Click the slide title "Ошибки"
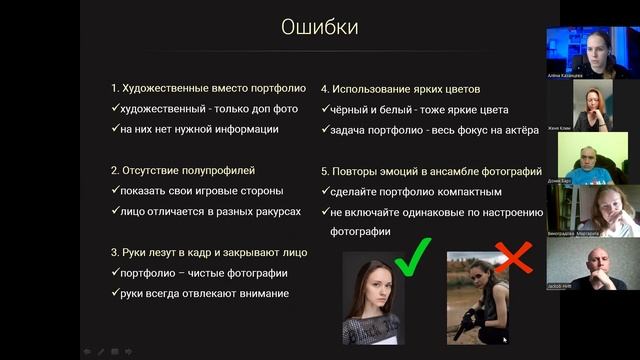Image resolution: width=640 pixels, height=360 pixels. tap(319, 27)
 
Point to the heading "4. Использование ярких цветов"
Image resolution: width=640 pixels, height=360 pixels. tap(400, 88)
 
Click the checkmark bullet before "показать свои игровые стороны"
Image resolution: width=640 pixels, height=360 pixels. tap(115, 191)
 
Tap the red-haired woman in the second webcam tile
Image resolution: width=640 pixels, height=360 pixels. tap(591, 105)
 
